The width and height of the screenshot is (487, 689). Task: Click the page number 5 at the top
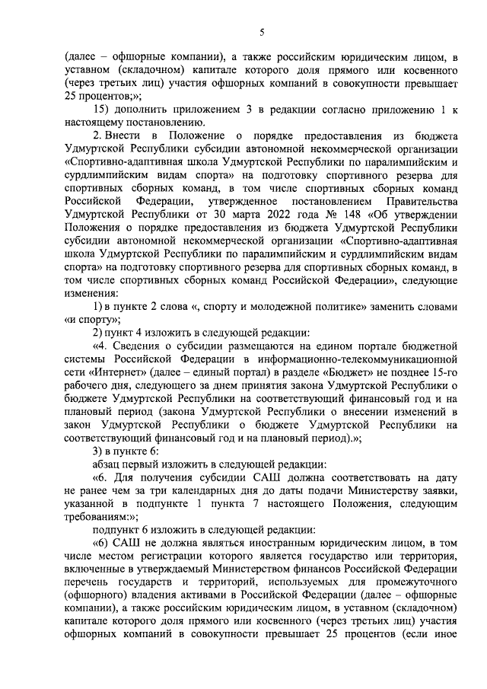261,32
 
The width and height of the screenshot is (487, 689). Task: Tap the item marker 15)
101,110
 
